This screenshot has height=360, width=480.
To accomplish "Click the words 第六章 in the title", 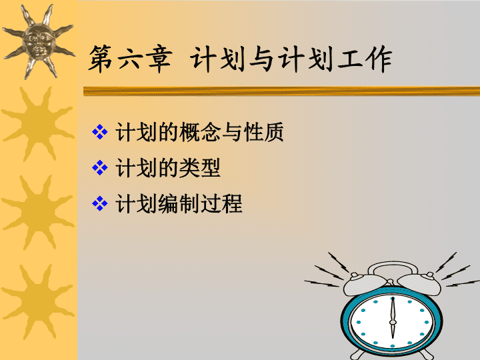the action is point(130,59).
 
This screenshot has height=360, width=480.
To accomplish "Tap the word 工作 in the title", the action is point(365,59).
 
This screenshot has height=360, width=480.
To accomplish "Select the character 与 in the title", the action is point(261,59).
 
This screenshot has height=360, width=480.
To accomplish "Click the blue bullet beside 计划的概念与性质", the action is point(100,132).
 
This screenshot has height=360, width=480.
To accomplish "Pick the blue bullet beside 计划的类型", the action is point(100,167).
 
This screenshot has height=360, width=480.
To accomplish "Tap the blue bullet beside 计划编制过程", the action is point(100,203).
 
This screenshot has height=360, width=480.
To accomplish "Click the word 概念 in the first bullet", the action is point(200,132).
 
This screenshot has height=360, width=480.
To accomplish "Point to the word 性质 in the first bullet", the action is point(264,132).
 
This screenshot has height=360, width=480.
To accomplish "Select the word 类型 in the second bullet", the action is point(200,168).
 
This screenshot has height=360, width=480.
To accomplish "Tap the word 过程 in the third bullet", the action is point(221,203).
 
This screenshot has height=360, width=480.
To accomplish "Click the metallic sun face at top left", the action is point(39,42).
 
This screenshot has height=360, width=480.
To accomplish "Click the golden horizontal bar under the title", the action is point(281,91).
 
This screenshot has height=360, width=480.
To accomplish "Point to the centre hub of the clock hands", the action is point(392,322).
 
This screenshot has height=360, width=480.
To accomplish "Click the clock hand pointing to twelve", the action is point(393,309).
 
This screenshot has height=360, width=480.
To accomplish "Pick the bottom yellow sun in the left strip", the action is point(38,301).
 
